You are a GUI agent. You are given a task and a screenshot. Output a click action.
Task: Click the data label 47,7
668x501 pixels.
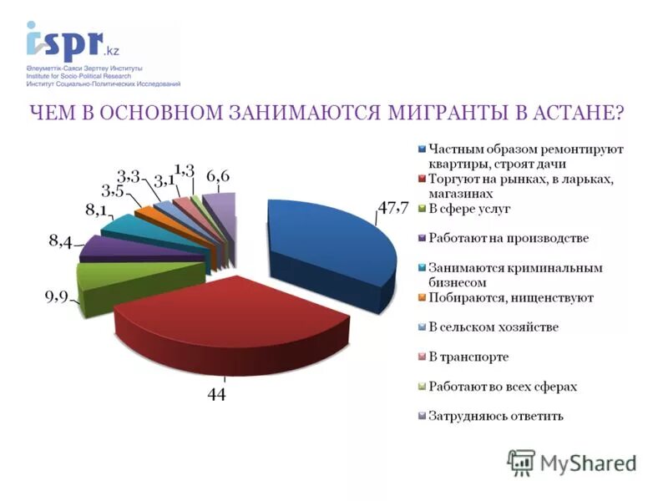pos(392,209)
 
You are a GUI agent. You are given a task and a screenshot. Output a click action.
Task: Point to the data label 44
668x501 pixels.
pos(217,394)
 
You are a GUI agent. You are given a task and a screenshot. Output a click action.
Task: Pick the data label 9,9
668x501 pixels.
pos(57,298)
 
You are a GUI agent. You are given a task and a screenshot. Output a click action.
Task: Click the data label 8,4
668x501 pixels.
pos(60,243)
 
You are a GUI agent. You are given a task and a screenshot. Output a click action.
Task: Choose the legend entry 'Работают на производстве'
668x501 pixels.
pos(509,238)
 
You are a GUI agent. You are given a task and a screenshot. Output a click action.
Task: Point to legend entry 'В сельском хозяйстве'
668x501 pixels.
pos(493,326)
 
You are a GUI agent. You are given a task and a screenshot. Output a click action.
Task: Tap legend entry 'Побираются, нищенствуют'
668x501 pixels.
pos(510,297)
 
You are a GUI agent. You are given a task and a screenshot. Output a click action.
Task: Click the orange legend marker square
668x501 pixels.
pos(422,298)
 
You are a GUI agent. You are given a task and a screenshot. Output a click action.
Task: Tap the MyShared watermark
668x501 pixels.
pos(572,461)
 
